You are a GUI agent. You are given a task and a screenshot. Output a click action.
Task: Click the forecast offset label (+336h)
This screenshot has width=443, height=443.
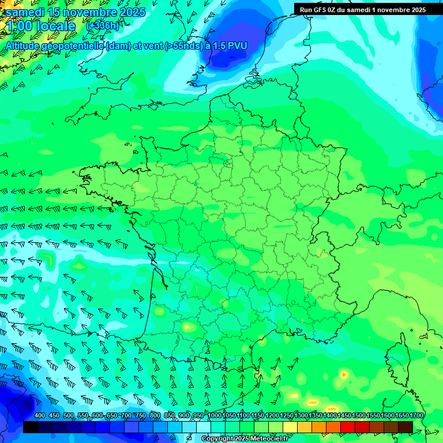pyautogui.click(x=104, y=26)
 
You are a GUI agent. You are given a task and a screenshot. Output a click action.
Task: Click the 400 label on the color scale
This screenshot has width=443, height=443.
pyautogui.click(x=40, y=415)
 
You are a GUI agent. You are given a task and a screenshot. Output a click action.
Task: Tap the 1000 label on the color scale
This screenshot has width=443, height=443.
pyautogui.click(x=215, y=415)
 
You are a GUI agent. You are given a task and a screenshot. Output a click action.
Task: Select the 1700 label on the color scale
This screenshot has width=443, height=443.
pyautogui.click(x=416, y=415)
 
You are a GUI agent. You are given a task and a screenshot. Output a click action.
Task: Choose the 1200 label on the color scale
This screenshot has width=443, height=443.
pyautogui.click(x=272, y=415)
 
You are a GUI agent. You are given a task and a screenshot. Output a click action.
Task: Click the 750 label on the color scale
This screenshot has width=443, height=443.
pyautogui.click(x=141, y=415)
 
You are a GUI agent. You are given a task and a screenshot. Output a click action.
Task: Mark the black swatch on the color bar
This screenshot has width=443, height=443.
pyautogui.click(x=31, y=427)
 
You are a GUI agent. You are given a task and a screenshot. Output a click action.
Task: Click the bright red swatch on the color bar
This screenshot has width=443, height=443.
pyautogui.click(x=348, y=427)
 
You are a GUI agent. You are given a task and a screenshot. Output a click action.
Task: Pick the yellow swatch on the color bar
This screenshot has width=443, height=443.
pyautogui.click(x=290, y=427)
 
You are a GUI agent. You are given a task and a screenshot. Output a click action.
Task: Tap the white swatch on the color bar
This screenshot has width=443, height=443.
pyautogui.click(x=204, y=427)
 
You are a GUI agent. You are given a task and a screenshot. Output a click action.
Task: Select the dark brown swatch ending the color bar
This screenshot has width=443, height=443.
pyautogui.click(x=406, y=427)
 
